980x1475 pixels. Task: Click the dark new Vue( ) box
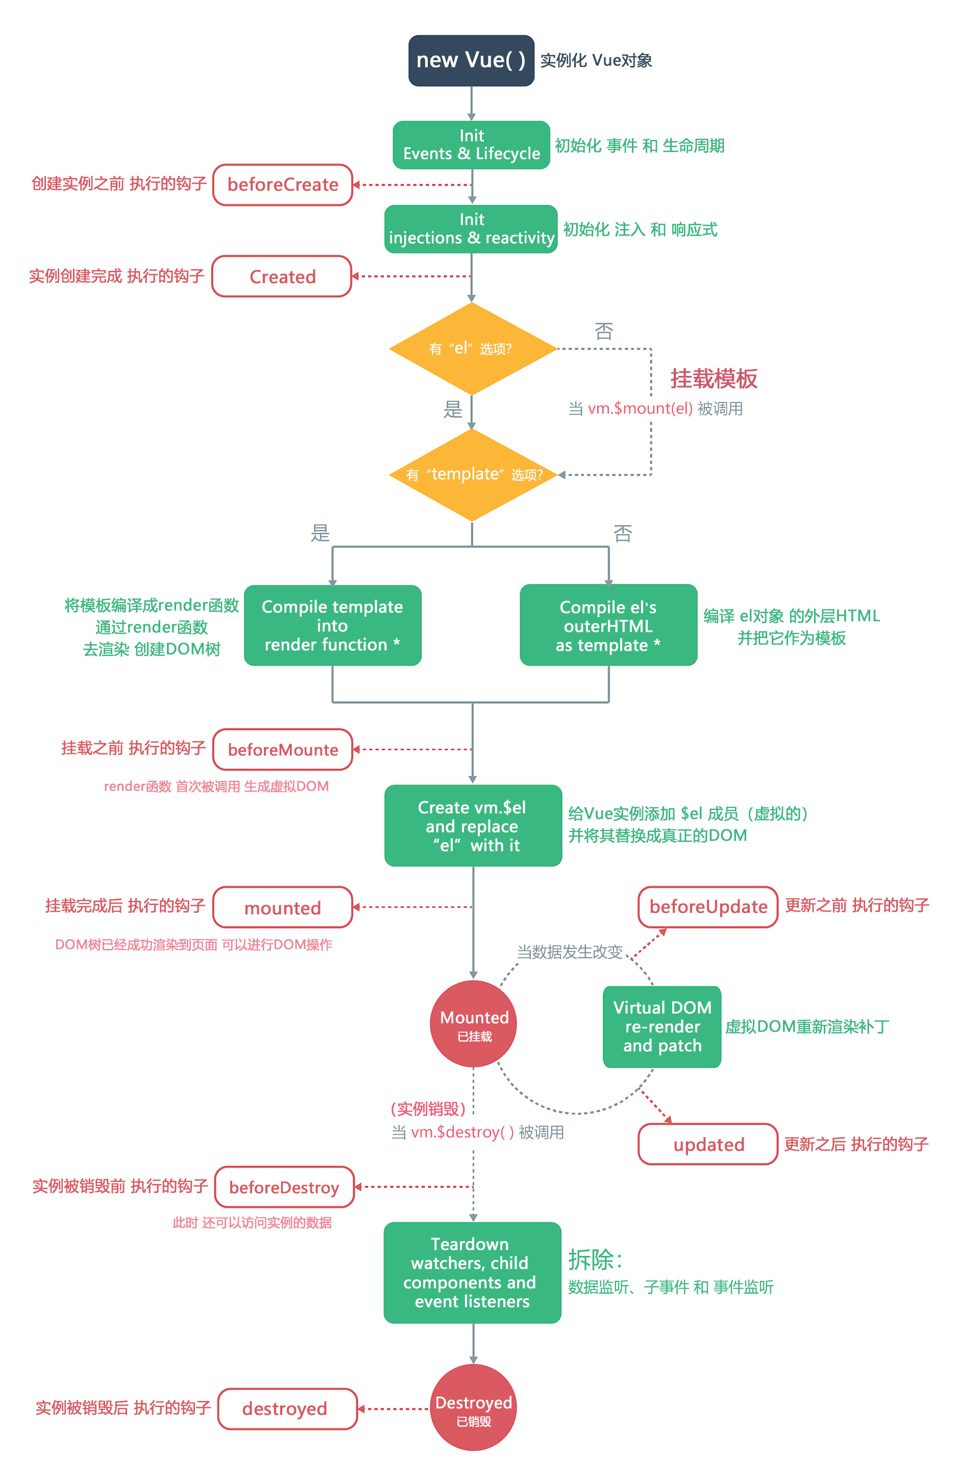[x=471, y=61]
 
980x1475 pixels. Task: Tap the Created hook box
[x=282, y=276]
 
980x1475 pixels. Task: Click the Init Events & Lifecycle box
[x=471, y=145]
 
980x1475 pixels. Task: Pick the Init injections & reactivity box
[x=471, y=229]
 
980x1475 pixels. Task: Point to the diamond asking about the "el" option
[x=472, y=348]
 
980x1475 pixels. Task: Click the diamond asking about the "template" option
[x=472, y=474]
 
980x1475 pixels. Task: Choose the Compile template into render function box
[x=332, y=625]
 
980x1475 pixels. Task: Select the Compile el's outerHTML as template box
[x=608, y=625]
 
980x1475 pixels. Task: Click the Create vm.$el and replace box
[x=473, y=825]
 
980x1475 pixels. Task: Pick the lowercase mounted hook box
[x=282, y=907]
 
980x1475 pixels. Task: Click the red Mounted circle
[x=473, y=1024]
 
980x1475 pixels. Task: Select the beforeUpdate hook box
[x=707, y=907]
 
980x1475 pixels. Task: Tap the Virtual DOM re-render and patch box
[x=662, y=1027]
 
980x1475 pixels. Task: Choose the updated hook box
[x=707, y=1144]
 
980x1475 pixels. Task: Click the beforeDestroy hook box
[x=284, y=1187]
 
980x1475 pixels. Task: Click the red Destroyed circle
[x=473, y=1407]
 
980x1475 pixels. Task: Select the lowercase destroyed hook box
[x=287, y=1409]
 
